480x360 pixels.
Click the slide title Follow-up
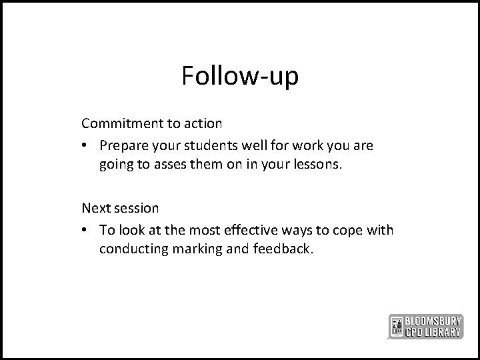240,76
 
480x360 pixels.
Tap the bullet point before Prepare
86,145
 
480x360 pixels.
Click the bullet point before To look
86,230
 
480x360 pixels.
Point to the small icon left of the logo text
396,325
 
